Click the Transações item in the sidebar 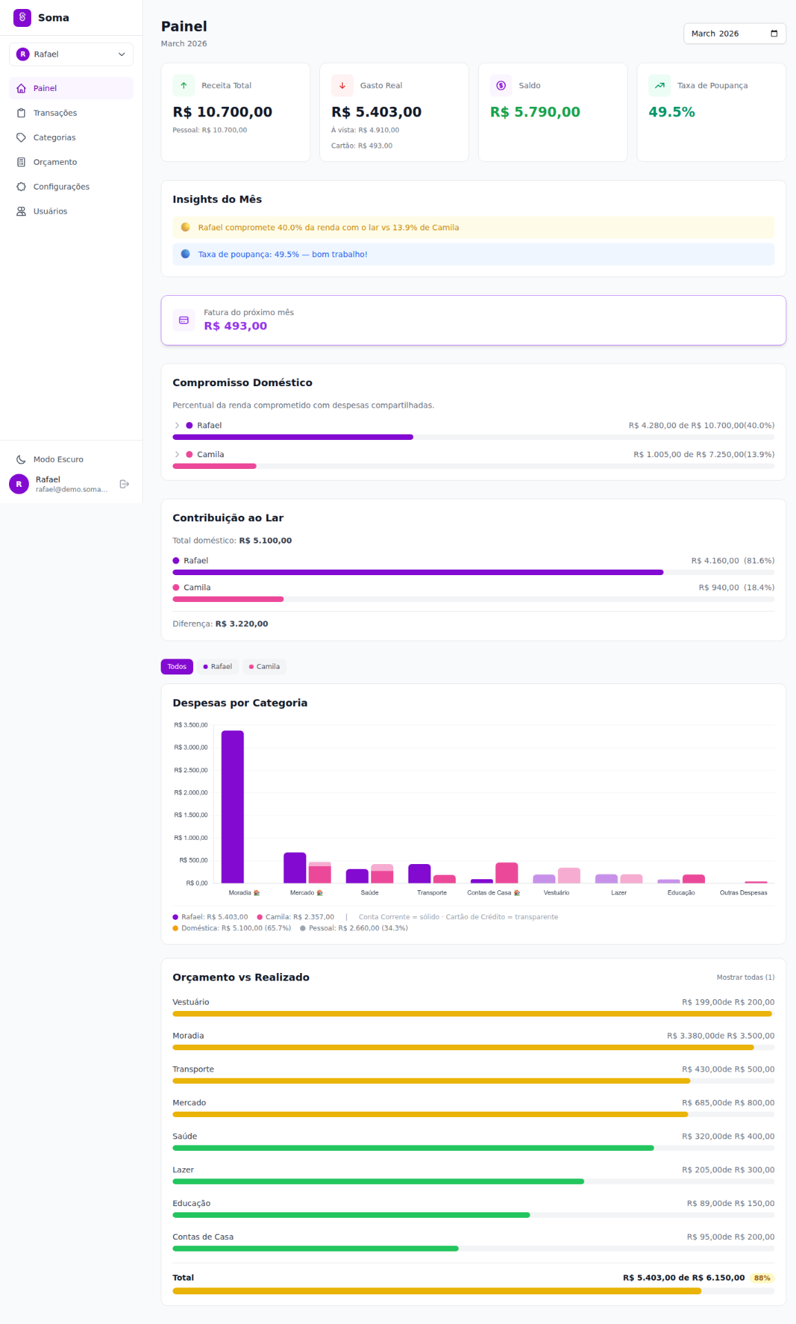click(54, 113)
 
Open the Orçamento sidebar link click(54, 162)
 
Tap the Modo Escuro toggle click(58, 459)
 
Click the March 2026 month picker click(734, 34)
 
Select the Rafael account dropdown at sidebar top click(71, 54)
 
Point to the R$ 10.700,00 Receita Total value click(222, 112)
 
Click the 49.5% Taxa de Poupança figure click(671, 112)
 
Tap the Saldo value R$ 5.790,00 click(535, 112)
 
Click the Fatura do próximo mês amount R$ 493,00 click(235, 326)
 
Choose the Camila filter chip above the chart click(264, 667)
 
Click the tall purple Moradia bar click(232, 807)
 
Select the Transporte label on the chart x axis click(432, 893)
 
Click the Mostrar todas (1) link click(745, 977)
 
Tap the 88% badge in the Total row click(762, 1278)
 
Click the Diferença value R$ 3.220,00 click(241, 623)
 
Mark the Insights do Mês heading click(217, 199)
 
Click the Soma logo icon click(22, 17)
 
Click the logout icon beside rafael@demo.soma click(124, 484)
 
